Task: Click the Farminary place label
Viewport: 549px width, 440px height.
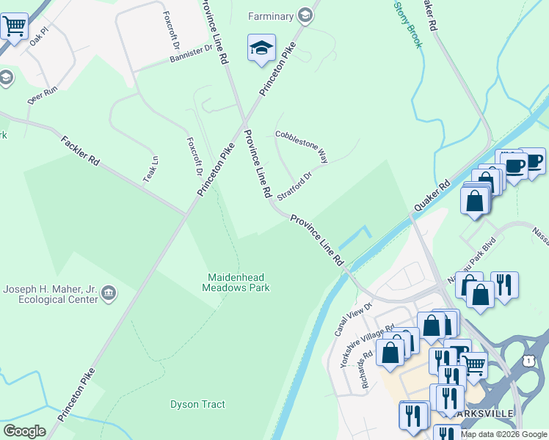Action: click(x=271, y=16)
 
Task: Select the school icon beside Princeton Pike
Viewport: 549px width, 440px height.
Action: click(x=261, y=48)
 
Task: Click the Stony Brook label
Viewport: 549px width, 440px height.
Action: click(x=408, y=23)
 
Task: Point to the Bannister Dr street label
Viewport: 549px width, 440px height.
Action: click(x=190, y=52)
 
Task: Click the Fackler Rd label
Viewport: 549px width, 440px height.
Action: click(x=80, y=150)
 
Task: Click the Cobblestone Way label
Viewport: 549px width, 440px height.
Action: click(x=301, y=146)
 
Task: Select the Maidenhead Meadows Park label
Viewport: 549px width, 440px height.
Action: click(x=236, y=282)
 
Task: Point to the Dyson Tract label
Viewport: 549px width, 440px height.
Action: click(x=197, y=404)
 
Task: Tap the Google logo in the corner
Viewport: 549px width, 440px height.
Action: click(x=24, y=431)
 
